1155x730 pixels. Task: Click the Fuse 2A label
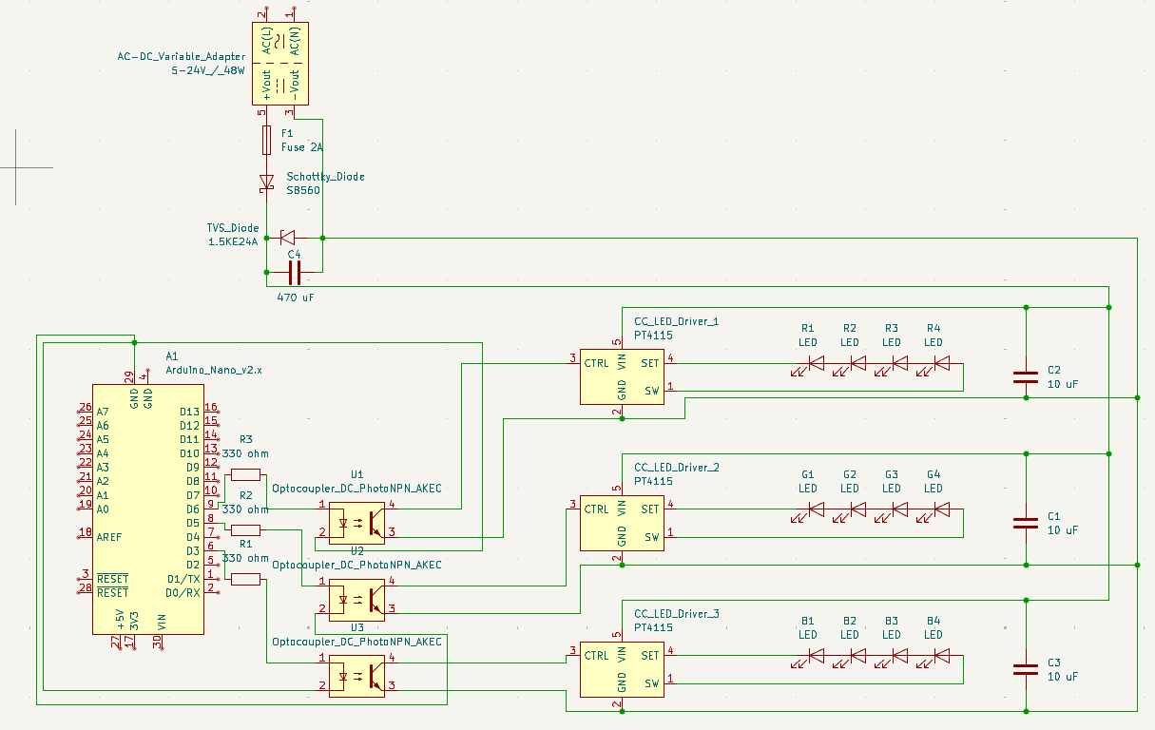(x=302, y=147)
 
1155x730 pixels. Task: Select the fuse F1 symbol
(x=267, y=141)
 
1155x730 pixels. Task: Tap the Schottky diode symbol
(x=267, y=182)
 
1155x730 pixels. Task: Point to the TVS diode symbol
(x=286, y=237)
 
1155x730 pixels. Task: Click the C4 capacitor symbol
(x=295, y=274)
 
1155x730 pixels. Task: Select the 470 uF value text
(x=295, y=298)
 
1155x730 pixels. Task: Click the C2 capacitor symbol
(x=1025, y=375)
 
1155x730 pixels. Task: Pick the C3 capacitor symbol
(x=1025, y=668)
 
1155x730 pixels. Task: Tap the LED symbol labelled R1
(x=816, y=362)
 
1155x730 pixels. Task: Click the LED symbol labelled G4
(x=941, y=509)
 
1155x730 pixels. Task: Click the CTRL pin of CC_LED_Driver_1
(x=597, y=362)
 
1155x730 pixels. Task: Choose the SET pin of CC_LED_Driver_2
(x=650, y=509)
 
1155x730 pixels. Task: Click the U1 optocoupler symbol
(x=356, y=521)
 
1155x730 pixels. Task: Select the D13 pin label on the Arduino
(x=189, y=412)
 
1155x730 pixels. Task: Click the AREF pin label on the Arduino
(x=110, y=537)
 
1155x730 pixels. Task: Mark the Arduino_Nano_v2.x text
(x=213, y=369)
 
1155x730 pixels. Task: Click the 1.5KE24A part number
(x=233, y=242)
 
